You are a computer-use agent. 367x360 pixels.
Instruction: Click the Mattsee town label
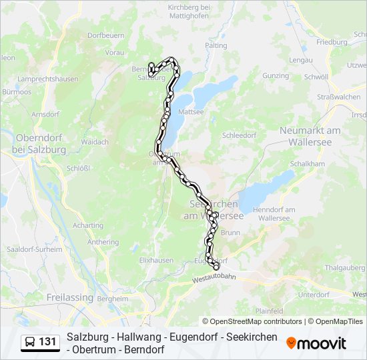pos(191,111)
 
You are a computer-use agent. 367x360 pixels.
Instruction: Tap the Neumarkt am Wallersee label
pos(310,135)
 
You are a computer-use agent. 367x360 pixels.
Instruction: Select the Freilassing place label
pos(69,297)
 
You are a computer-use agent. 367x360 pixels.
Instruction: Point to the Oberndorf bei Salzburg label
pos(40,143)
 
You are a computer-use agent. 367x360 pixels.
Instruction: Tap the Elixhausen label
pos(157,260)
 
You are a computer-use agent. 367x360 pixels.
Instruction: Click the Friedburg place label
pos(332,41)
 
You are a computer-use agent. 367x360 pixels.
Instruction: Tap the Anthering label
pos(103,242)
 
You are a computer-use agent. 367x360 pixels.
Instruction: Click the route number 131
pos(47,342)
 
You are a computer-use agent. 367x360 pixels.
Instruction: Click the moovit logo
pos(316,343)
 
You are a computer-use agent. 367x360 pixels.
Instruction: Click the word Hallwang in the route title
pos(132,337)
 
